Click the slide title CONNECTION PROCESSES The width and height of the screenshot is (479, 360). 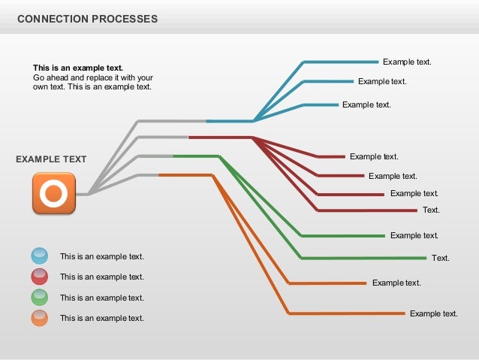point(87,19)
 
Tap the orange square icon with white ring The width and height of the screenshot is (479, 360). point(53,193)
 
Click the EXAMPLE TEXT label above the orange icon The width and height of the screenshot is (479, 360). point(51,159)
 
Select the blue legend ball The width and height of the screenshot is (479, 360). point(40,256)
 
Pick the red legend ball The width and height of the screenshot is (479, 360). point(40,277)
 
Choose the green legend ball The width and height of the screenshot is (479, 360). point(40,298)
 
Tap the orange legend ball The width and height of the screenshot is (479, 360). point(40,318)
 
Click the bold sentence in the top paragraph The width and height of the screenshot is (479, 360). point(77,68)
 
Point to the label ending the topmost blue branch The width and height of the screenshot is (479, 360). point(407,62)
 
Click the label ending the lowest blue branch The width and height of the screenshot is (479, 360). point(366,104)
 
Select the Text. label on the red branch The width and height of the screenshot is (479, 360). point(431,210)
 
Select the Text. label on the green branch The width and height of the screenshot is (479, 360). point(441,258)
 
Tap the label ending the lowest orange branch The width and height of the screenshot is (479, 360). point(433,313)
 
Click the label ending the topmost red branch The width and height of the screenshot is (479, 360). point(374,156)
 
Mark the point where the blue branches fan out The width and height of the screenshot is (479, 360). point(255,120)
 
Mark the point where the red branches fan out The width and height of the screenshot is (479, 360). point(253,138)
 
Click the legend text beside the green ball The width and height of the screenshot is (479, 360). point(101,298)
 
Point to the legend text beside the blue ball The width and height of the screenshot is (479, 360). point(101,256)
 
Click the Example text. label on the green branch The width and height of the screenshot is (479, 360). point(414,235)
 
